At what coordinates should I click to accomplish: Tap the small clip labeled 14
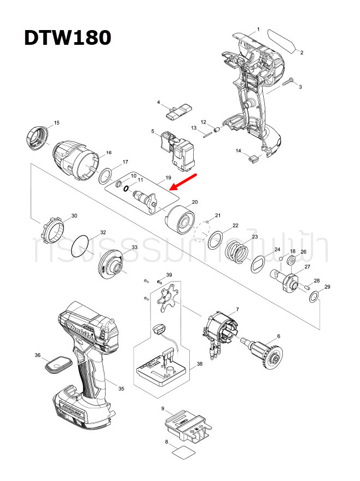pos(253,159)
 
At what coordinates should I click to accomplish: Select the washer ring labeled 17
pos(105,177)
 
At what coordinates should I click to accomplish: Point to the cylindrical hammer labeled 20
pos(179,219)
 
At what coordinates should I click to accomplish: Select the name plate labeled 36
pos(59,364)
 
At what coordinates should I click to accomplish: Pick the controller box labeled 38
pos(162,372)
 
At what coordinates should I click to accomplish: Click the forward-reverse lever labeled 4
pos(179,112)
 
